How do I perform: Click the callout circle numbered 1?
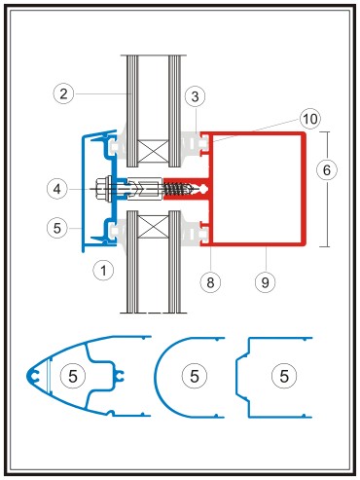pyautogui.click(x=103, y=270)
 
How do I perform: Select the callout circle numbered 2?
pyautogui.click(x=63, y=93)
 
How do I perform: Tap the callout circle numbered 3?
pyautogui.click(x=195, y=96)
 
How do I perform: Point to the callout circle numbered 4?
pyautogui.click(x=57, y=189)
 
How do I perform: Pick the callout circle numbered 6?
pyautogui.click(x=327, y=170)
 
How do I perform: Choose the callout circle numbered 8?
pyautogui.click(x=210, y=282)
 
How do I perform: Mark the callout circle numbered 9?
pyautogui.click(x=266, y=282)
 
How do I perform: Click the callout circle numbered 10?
pyautogui.click(x=310, y=119)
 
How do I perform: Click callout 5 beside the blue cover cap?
pyautogui.click(x=57, y=228)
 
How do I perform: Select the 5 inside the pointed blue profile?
pyautogui.click(x=73, y=376)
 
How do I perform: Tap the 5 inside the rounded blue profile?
pyautogui.click(x=195, y=376)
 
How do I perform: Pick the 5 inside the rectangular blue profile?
pyautogui.click(x=284, y=376)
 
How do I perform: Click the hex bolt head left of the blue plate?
pyautogui.click(x=103, y=188)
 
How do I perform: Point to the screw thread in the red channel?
pyautogui.click(x=177, y=189)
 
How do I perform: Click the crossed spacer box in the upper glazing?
pyautogui.click(x=153, y=151)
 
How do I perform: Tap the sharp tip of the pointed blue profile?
pyautogui.click(x=26, y=376)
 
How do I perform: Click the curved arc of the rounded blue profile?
pyautogui.click(x=156, y=377)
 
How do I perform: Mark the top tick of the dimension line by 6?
pyautogui.click(x=326, y=131)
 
